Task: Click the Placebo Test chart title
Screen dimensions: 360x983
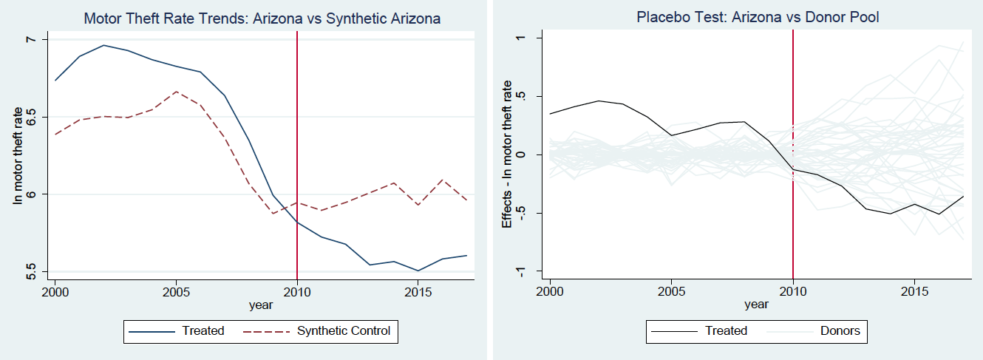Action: coord(758,17)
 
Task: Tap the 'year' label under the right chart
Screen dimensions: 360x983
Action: coord(756,303)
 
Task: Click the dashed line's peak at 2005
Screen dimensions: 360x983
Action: coord(175,92)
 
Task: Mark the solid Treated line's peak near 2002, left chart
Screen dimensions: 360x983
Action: coord(103,45)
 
